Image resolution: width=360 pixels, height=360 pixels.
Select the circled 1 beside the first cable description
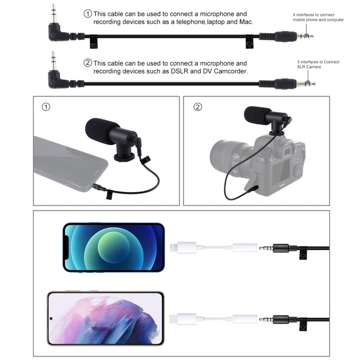click(87, 14)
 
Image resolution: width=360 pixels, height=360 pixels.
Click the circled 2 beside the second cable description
click(87, 63)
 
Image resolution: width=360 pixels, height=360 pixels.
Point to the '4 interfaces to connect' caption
click(313, 15)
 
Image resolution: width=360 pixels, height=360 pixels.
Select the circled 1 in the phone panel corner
click(46, 107)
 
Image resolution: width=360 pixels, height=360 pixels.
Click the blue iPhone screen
click(113, 247)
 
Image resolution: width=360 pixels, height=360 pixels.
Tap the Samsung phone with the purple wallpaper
click(105, 318)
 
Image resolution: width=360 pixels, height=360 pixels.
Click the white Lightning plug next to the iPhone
click(183, 248)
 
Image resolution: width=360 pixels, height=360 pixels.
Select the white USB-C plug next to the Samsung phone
click(184, 318)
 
